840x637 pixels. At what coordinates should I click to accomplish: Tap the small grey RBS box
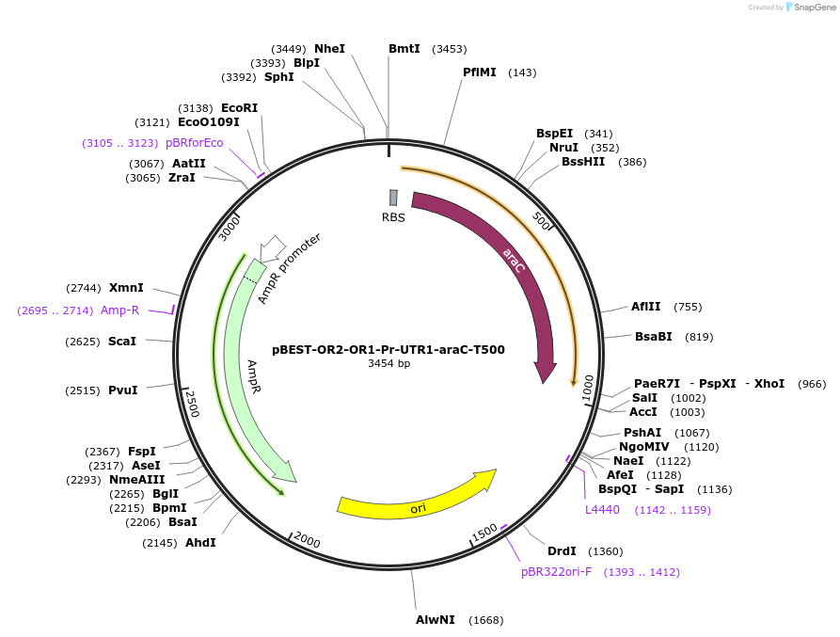click(x=393, y=198)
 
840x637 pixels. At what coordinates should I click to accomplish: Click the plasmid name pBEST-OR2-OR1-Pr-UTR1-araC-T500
click(x=388, y=349)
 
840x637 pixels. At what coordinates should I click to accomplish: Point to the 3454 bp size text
click(x=388, y=363)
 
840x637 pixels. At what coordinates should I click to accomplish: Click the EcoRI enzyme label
click(x=239, y=108)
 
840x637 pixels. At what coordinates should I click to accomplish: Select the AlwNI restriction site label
click(x=436, y=620)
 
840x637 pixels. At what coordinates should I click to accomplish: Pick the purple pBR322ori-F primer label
click(x=557, y=572)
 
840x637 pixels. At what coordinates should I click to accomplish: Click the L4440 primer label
click(x=602, y=510)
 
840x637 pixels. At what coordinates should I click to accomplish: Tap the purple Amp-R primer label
click(x=119, y=311)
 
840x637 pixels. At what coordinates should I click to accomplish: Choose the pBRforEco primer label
click(x=195, y=143)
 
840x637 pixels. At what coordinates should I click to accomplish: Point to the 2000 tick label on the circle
click(x=307, y=540)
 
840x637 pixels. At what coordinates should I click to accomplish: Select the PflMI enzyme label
click(x=480, y=72)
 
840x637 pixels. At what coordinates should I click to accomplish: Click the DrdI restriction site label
click(x=562, y=551)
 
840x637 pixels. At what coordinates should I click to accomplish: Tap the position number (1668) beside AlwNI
click(x=485, y=620)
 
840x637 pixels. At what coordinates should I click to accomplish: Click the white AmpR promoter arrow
click(x=273, y=247)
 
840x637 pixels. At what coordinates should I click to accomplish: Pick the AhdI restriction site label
click(x=200, y=543)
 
